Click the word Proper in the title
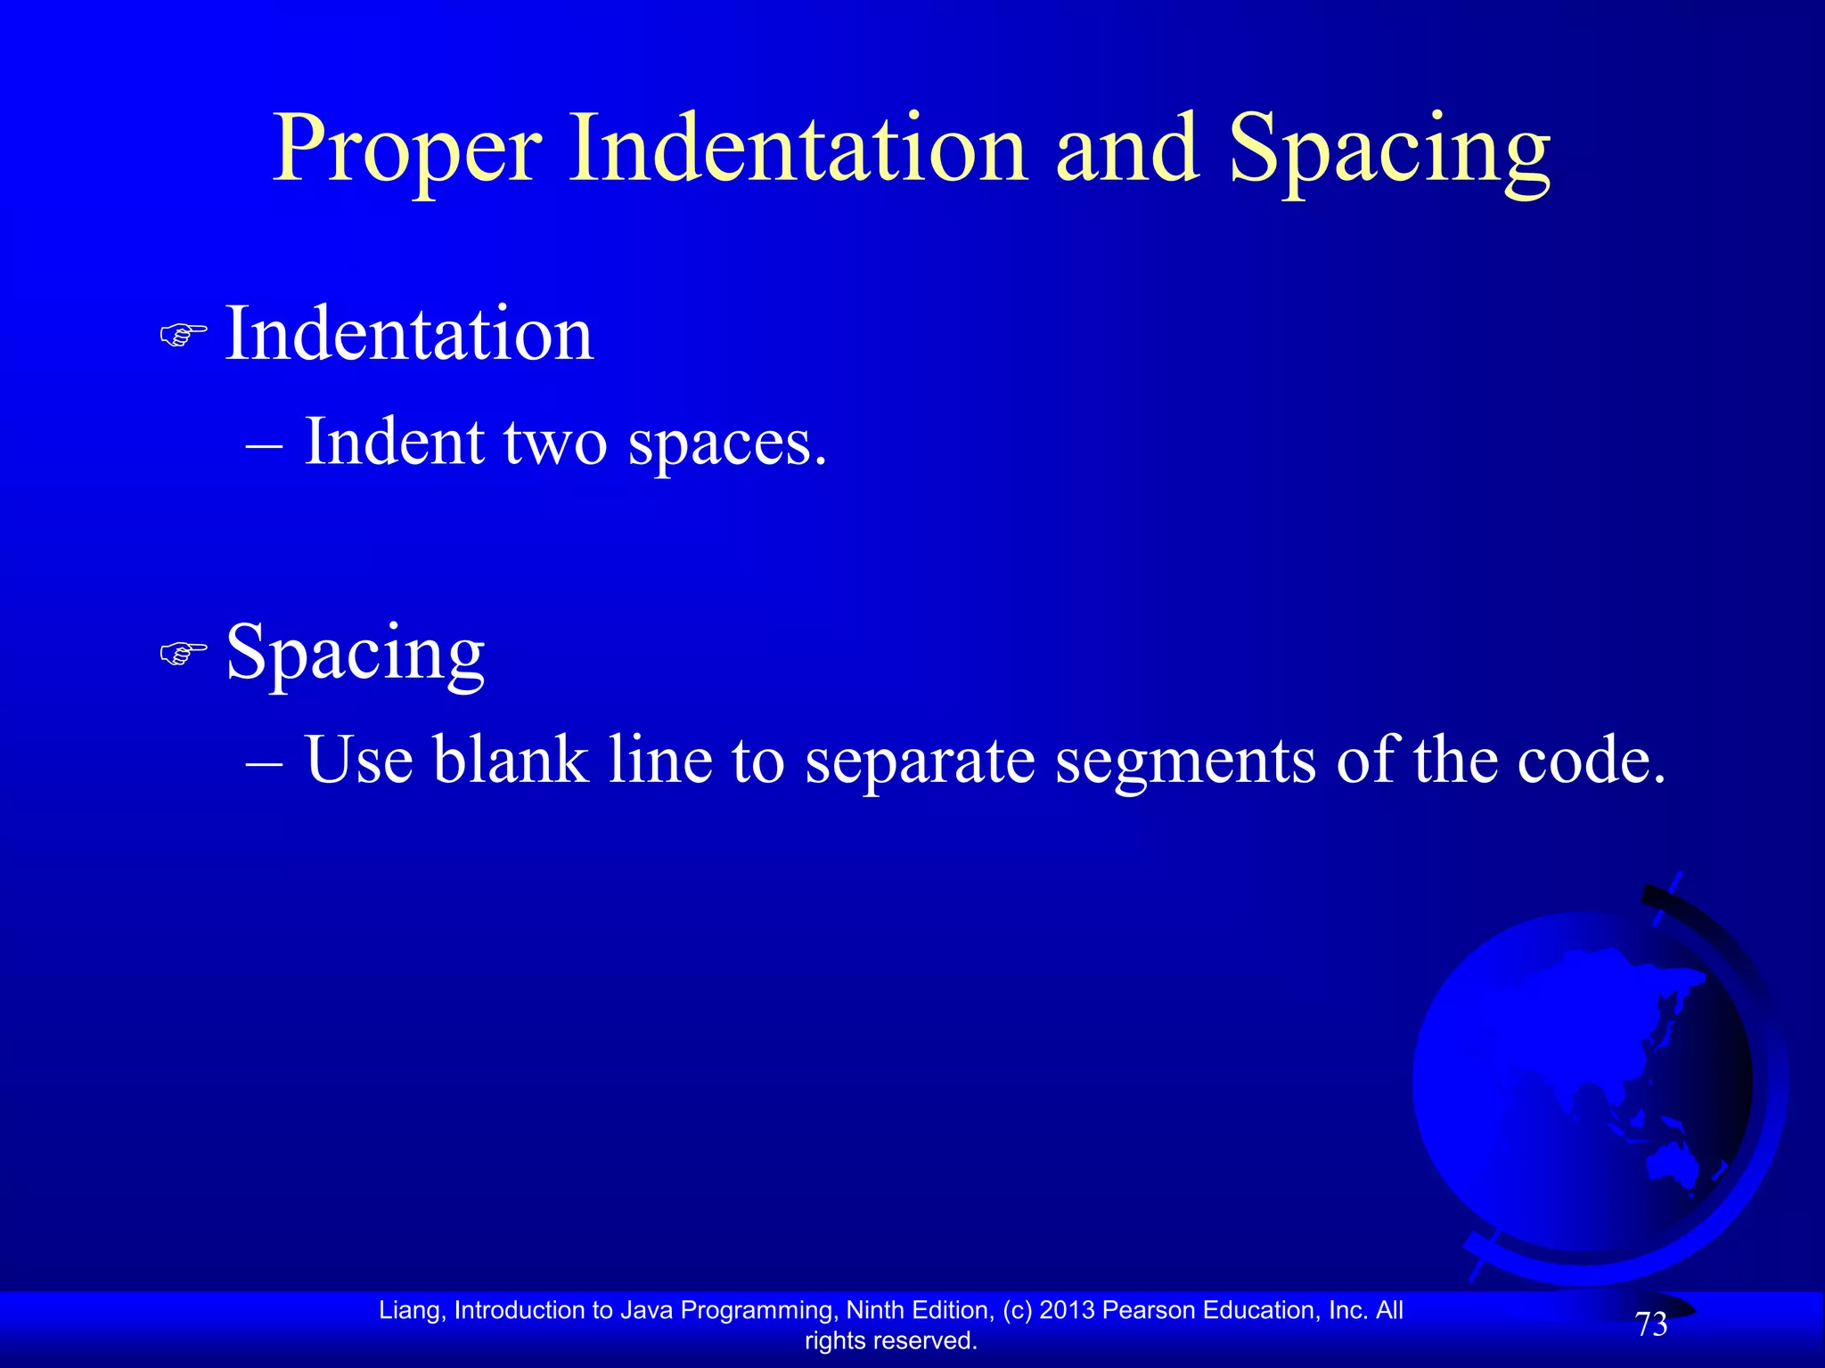[406, 151]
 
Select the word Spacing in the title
[1389, 151]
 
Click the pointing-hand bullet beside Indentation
[183, 336]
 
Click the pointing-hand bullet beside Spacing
[183, 655]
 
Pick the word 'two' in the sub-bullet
[555, 443]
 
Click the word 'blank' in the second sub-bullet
[511, 761]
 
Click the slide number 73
[1651, 1325]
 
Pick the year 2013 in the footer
[1068, 1310]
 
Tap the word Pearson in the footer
[1149, 1310]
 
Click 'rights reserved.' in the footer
[891, 1340]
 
